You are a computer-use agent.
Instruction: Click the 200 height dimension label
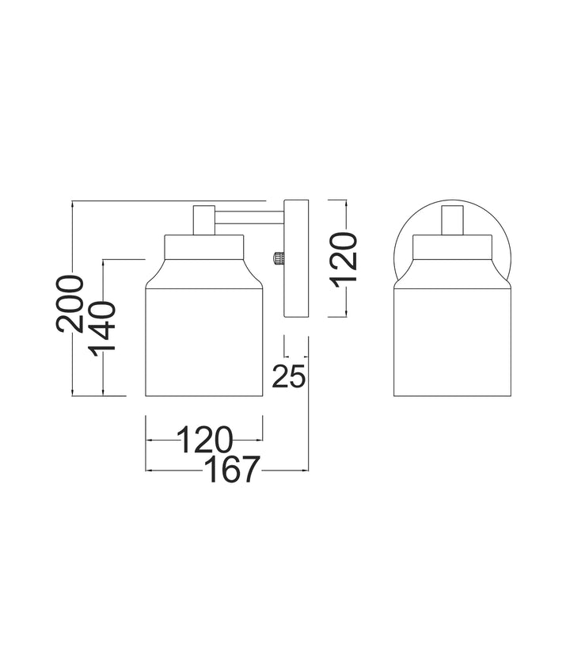[70, 304]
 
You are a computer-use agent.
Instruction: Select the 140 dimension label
[102, 326]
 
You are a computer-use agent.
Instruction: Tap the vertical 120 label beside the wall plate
[344, 260]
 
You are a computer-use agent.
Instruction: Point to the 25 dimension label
[289, 376]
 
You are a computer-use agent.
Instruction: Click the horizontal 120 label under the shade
[205, 440]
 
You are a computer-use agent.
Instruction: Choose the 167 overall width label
[233, 470]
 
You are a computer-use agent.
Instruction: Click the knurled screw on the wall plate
[279, 258]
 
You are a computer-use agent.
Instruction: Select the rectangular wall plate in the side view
[296, 258]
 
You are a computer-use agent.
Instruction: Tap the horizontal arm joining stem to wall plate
[249, 217]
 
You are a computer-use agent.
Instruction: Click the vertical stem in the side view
[203, 220]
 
